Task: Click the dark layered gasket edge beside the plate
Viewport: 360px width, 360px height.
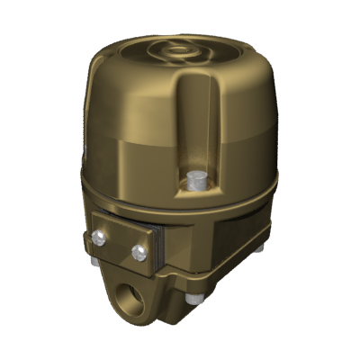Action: click(158, 247)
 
